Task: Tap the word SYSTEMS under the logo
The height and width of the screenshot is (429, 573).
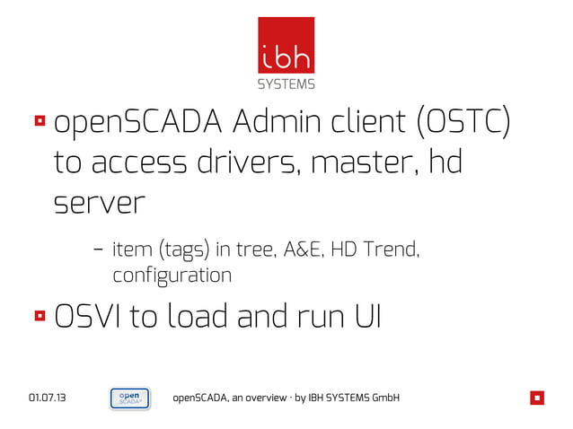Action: click(286, 84)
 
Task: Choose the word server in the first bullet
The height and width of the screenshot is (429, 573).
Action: click(98, 204)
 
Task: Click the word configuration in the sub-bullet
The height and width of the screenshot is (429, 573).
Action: click(172, 276)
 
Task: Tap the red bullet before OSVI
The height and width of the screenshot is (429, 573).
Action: click(40, 316)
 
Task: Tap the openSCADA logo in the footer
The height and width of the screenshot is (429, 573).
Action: click(129, 398)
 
